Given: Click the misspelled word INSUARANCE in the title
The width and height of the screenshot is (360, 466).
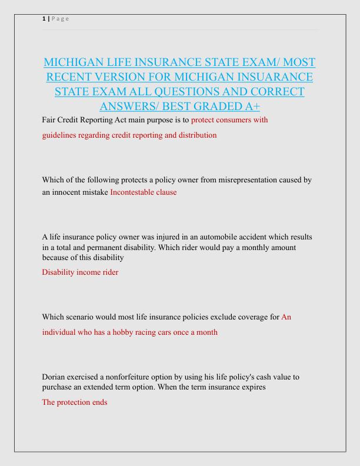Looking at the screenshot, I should click(272, 77).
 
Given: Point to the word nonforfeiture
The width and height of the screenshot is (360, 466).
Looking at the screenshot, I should click(116, 377).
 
